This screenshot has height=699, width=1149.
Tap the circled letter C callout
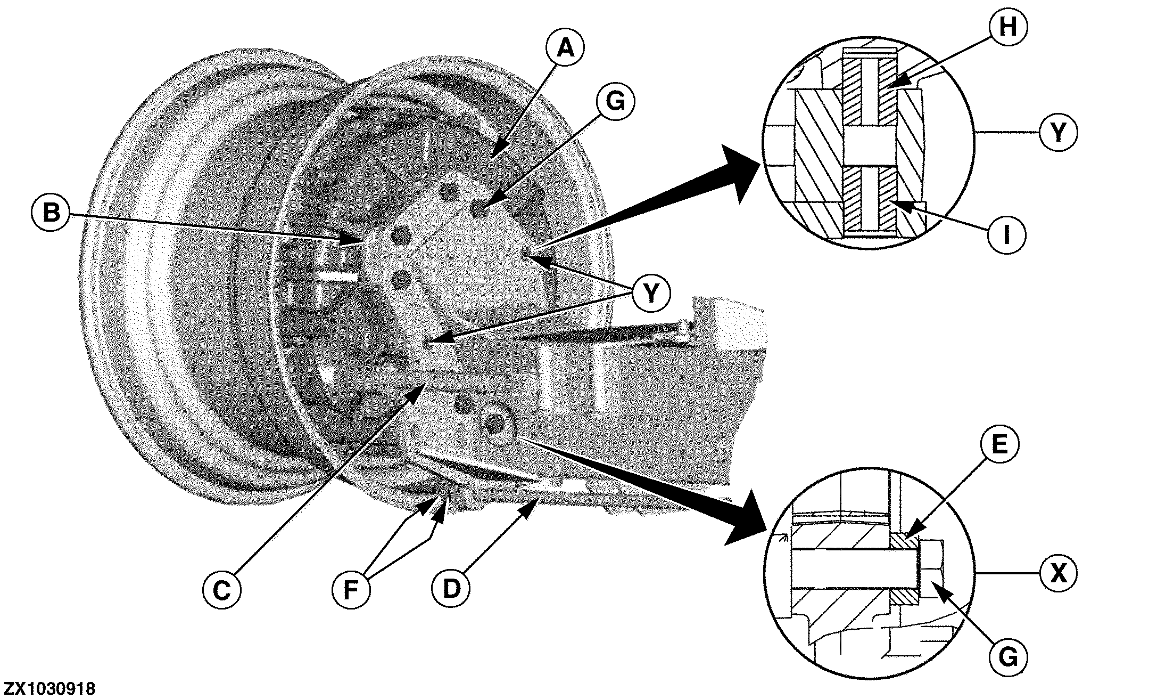[x=221, y=590]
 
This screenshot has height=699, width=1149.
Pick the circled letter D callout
[x=451, y=589]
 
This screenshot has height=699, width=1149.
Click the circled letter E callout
[x=999, y=444]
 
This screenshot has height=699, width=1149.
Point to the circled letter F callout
[x=350, y=590]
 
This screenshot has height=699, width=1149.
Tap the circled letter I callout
[x=1006, y=234]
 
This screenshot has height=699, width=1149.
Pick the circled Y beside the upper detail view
[x=1058, y=132]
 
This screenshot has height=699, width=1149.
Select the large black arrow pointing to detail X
[x=655, y=485]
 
